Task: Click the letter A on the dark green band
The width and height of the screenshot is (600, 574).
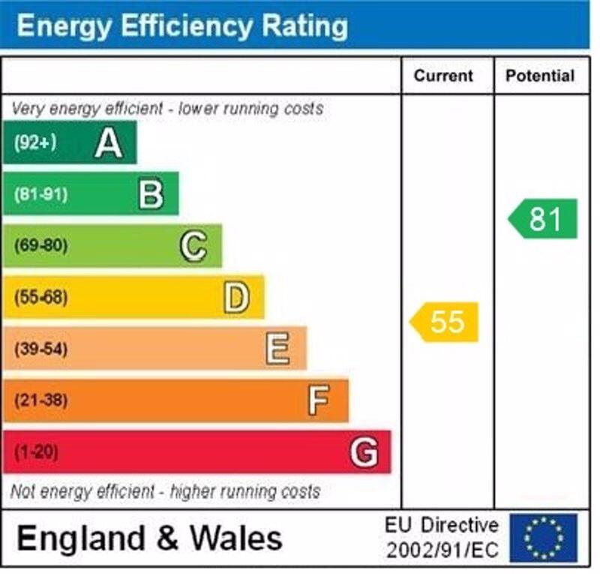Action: pos(109,143)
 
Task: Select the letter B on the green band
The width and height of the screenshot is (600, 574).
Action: pos(151,194)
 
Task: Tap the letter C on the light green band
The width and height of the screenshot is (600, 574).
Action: pos(193,245)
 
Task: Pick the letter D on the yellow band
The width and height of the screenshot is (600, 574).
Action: pos(235,298)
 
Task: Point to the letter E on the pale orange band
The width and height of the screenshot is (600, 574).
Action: pos(277,349)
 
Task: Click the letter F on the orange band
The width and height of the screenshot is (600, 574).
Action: pos(319,401)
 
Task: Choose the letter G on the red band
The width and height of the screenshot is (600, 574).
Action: pos(364,452)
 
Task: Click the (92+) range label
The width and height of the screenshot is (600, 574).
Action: pos(34,143)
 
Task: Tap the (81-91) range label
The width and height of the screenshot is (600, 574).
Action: pos(40,194)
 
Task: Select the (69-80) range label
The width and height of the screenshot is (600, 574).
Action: pos(40,245)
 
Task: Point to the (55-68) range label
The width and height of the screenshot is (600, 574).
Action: pos(40,298)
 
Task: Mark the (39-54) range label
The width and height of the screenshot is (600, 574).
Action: pos(40,349)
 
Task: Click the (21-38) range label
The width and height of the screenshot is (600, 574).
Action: pos(40,401)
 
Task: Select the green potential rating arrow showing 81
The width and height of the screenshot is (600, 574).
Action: pos(543,218)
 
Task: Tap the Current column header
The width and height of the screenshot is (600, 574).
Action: pos(443,76)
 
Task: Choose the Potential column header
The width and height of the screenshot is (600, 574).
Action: pos(540,76)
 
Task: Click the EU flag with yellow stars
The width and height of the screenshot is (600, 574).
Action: pos(544,538)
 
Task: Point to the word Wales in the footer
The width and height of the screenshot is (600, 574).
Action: pos(236,538)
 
